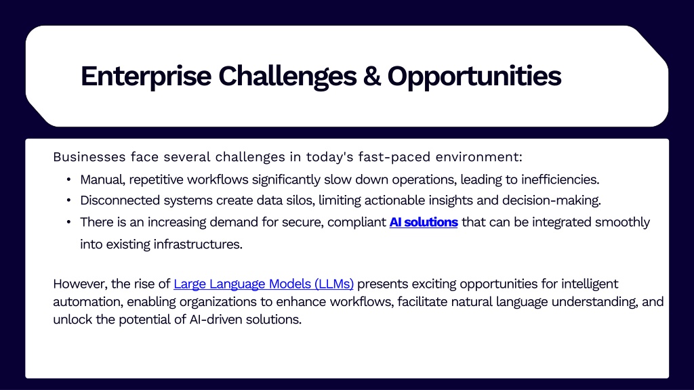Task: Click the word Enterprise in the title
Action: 146,76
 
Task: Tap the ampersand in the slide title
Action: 372,76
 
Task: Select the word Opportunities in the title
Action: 474,76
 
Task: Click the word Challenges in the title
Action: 287,76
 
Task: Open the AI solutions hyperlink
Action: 424,222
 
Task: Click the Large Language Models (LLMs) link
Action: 264,284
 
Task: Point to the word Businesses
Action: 89,157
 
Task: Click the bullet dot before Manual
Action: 68,179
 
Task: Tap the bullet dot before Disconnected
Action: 68,200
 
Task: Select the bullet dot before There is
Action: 68,221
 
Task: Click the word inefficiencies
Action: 560,179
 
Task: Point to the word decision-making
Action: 552,200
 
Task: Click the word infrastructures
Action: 198,244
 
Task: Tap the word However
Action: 80,284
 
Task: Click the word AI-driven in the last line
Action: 216,320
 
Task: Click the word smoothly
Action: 622,222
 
